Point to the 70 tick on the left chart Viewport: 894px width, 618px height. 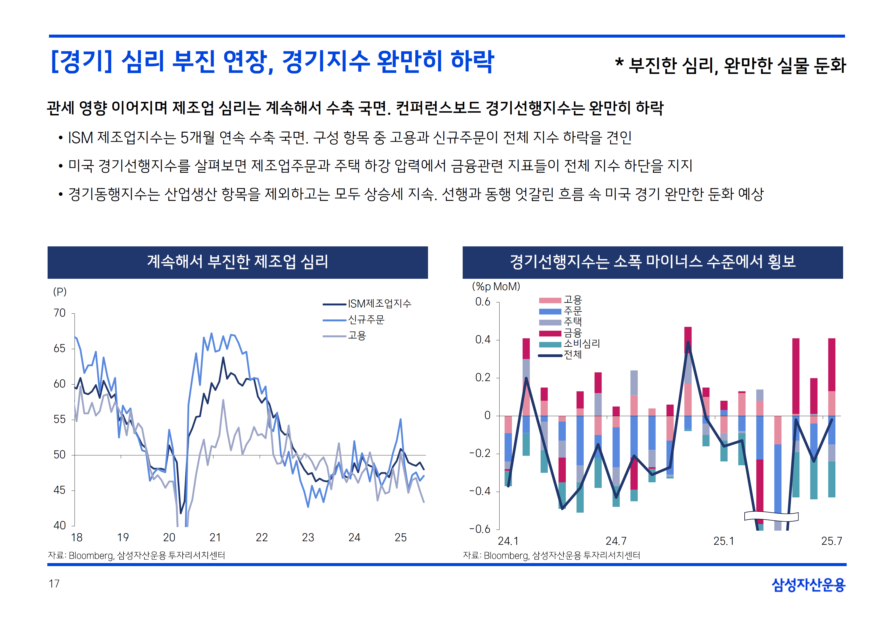[x=60, y=313]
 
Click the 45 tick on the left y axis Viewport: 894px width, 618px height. [x=60, y=490]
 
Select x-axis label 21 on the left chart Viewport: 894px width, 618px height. [x=215, y=538]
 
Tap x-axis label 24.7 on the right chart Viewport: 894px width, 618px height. [x=616, y=541]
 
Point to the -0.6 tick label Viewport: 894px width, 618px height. [x=480, y=529]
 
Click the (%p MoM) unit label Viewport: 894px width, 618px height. [x=496, y=286]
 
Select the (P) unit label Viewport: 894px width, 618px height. [x=60, y=292]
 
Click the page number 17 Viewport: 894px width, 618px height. [x=54, y=584]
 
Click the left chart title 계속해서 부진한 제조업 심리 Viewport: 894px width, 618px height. [x=238, y=262]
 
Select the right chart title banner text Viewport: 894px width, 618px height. [x=652, y=262]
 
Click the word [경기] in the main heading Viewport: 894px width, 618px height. [x=81, y=62]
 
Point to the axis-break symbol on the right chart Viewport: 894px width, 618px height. [x=771, y=516]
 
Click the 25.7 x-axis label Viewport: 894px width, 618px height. [x=832, y=541]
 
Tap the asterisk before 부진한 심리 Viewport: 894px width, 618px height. [x=619, y=63]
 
